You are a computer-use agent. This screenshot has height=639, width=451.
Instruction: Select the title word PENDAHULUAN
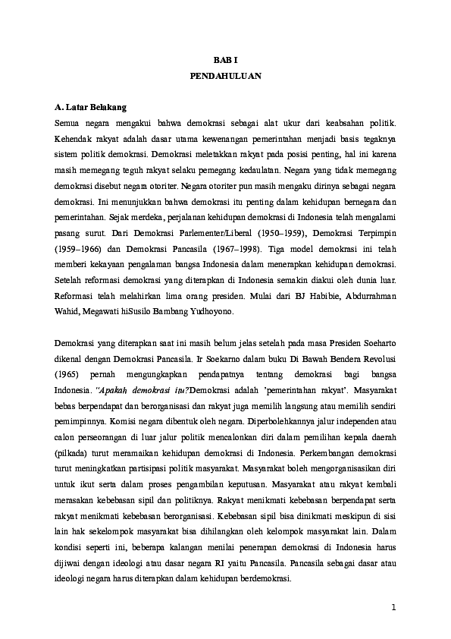pos(225,77)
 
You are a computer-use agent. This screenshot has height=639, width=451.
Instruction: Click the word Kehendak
pos(75,140)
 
